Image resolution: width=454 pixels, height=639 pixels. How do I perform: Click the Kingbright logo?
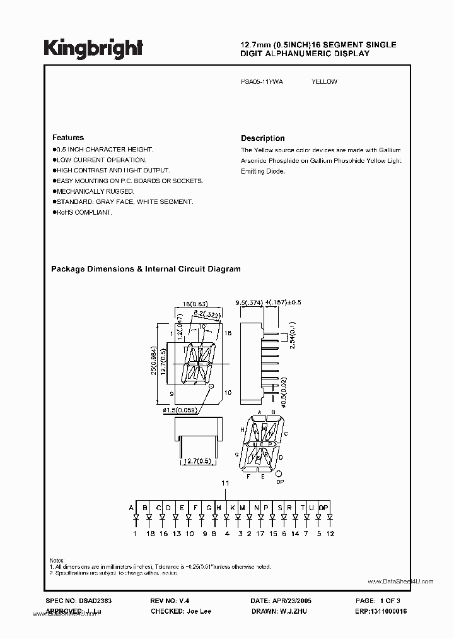(93, 47)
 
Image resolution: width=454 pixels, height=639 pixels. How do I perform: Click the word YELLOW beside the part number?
(324, 82)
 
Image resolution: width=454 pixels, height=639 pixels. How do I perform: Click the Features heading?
(68, 138)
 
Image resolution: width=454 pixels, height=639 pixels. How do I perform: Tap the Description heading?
(262, 138)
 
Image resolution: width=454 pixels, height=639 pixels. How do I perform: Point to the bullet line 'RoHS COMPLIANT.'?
(84, 212)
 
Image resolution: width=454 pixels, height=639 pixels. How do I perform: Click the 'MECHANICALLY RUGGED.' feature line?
(95, 191)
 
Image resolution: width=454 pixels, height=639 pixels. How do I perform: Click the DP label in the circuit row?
(323, 508)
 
